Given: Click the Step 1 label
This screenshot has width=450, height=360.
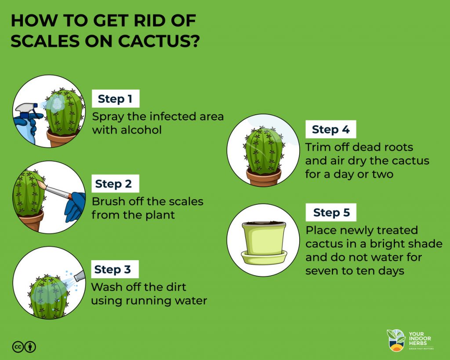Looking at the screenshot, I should tap(115, 99).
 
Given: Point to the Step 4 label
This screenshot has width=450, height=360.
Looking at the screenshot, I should tap(330, 130).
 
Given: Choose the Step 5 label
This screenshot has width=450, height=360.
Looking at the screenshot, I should tap(331, 213).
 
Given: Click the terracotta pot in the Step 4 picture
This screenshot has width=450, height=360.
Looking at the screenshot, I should tap(264, 177).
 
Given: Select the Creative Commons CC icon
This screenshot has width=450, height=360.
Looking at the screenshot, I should tap(18, 347).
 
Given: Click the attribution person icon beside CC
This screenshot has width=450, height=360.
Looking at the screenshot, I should tap(30, 347).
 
